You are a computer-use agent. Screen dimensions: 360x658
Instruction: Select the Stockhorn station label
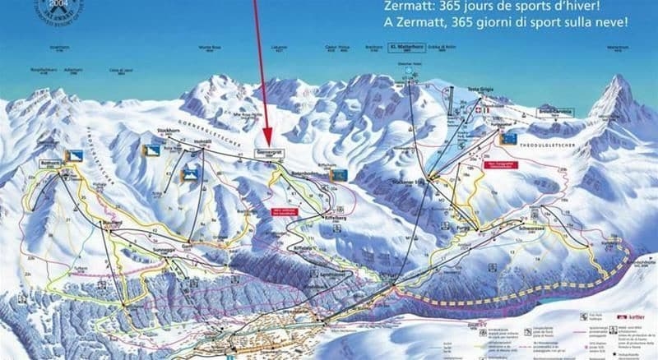(170, 131)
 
